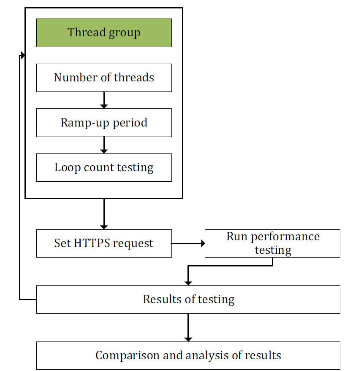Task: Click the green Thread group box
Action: (104, 33)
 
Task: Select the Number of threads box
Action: (104, 78)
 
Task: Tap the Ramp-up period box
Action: (104, 123)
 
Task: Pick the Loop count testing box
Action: (104, 167)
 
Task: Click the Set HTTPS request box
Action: (104, 244)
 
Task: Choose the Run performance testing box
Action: (272, 244)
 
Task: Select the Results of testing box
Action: (188, 300)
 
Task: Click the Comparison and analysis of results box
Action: (188, 355)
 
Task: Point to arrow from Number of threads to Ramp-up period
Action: (104, 100)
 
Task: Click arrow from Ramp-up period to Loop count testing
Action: (104, 145)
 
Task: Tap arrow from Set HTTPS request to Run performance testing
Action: (188, 243)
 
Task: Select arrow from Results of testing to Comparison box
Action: (188, 328)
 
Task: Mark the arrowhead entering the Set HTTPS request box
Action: (104, 227)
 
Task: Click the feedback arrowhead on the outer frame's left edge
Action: (23, 55)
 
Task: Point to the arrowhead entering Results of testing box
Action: (188, 283)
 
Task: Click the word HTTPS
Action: (92, 243)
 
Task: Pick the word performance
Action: (285, 237)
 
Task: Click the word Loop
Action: (68, 168)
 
